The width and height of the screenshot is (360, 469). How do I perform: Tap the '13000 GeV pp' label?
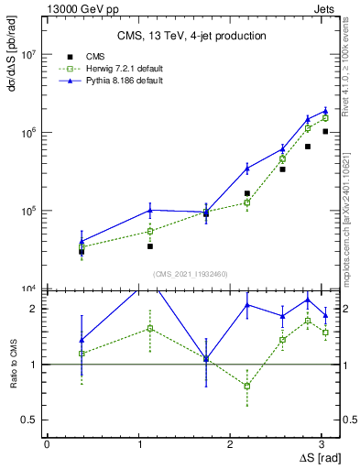77,8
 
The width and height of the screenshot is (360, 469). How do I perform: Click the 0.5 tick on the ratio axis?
31,420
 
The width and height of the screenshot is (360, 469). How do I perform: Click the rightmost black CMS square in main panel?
325,131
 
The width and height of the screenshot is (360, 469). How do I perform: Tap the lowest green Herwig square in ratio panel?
246,386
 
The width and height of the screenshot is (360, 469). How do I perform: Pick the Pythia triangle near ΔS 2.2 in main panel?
246,168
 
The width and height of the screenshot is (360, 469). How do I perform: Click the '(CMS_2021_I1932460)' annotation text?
191,274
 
